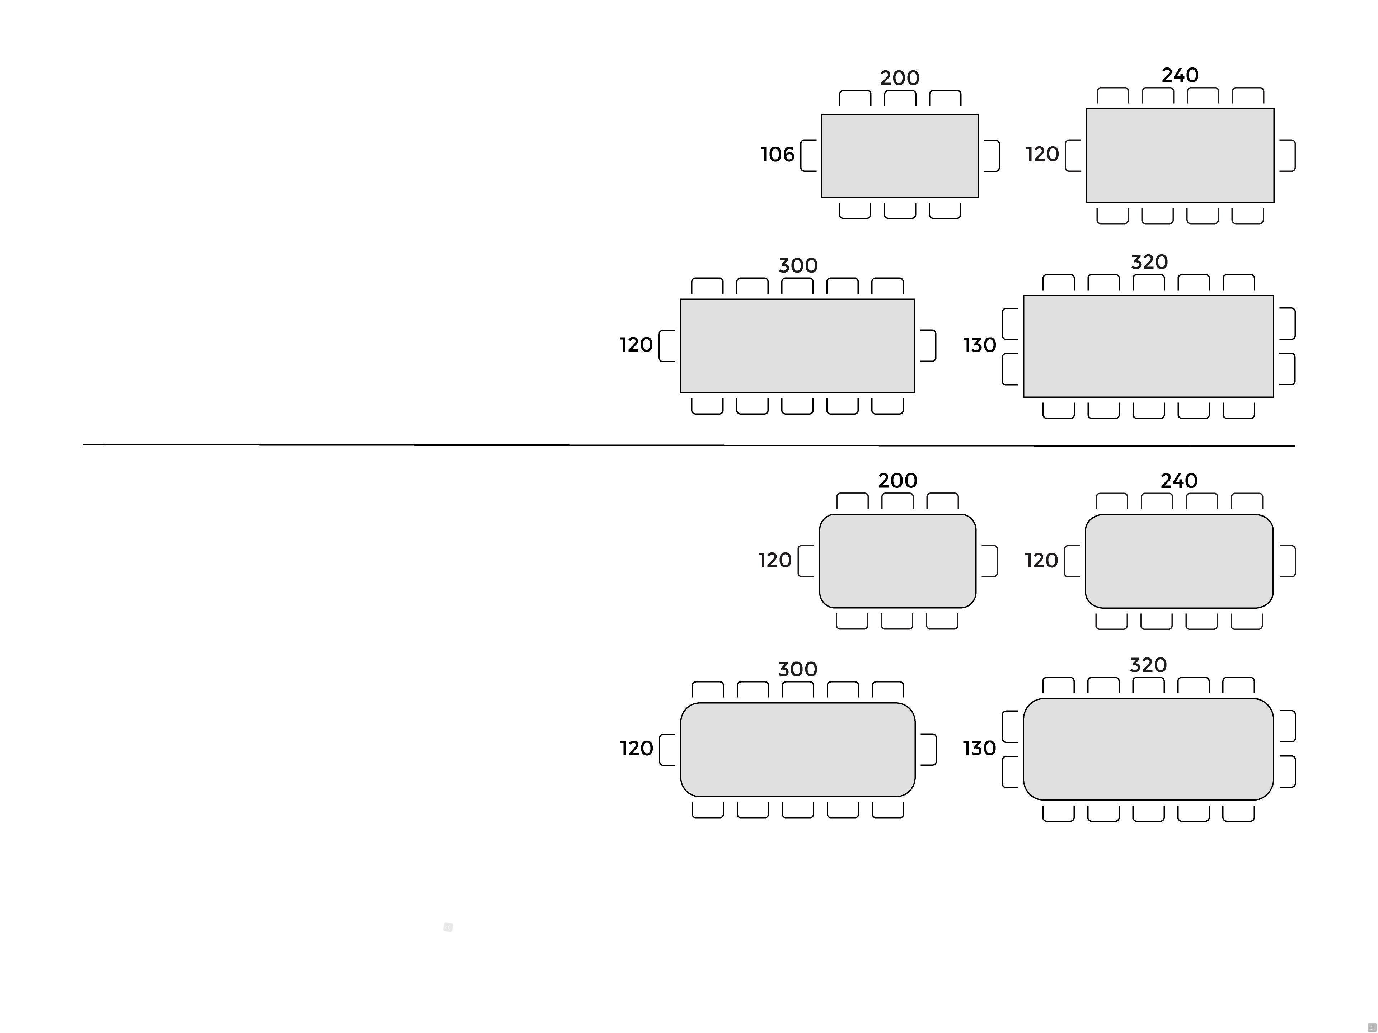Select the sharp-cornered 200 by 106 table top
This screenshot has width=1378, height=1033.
[900, 156]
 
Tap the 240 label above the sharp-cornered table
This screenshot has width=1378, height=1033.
[1180, 75]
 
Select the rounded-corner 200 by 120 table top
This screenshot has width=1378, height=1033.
[898, 561]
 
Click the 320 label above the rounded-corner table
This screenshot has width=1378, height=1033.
[1148, 665]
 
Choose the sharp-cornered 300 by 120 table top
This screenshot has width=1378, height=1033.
[797, 346]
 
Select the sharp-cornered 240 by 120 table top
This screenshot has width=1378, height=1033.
[1180, 156]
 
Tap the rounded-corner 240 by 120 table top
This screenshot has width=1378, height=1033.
[1179, 561]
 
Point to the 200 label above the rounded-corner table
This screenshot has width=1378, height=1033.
[898, 481]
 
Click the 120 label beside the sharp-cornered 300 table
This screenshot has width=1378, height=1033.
[636, 345]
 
